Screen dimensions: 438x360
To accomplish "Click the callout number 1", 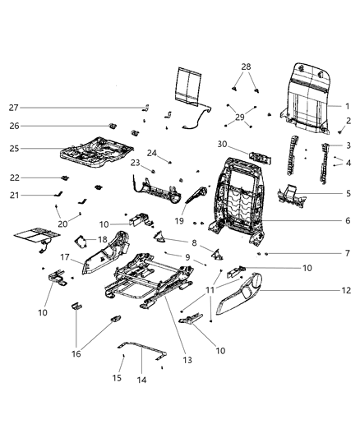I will point(347,106).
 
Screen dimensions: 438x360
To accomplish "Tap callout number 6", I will point(347,220).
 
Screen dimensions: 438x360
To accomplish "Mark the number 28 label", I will point(245,67).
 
